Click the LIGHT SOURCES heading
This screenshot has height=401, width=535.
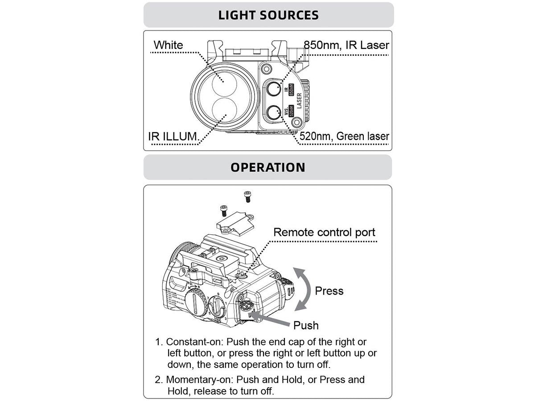pos(268,15)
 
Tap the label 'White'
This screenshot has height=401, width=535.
pos(168,45)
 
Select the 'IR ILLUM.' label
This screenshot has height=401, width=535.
pos(173,136)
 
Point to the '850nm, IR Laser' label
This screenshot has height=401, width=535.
pos(346,45)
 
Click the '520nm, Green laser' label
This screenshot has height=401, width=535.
pos(344,136)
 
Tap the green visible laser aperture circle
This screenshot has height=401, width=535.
pos(273,113)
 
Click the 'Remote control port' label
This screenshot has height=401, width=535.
pos(324,232)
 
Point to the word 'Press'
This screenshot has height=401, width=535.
pos(329,291)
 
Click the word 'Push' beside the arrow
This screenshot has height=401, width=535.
pos(306,325)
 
